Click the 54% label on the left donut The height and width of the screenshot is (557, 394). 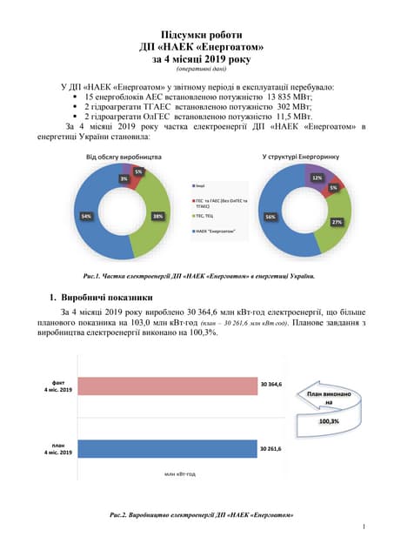[x=86, y=215]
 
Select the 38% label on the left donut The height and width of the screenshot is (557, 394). [x=158, y=215]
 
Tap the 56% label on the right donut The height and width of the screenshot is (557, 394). [x=271, y=216]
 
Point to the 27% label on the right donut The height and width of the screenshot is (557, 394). [x=337, y=222]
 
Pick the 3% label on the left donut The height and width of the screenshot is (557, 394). [x=124, y=178]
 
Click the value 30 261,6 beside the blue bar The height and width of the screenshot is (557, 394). [x=271, y=449]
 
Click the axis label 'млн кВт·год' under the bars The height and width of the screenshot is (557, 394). [x=179, y=473]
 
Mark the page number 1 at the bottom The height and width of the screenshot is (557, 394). [x=362, y=527]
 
